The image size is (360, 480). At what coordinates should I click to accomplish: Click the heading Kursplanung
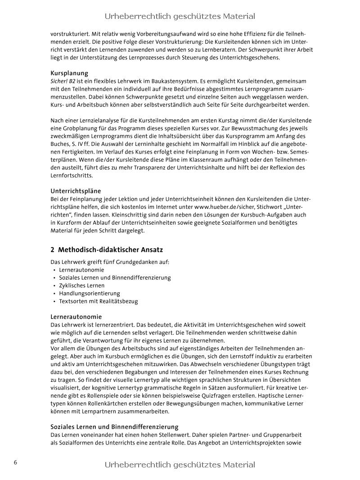tap(69, 73)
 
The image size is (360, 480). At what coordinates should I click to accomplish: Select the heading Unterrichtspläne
tap(76, 191)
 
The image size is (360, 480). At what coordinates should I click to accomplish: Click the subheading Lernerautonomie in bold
tap(76, 317)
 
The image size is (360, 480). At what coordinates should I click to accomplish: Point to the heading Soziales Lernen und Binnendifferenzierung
tap(114, 427)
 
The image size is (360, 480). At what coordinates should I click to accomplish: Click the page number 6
tap(15, 462)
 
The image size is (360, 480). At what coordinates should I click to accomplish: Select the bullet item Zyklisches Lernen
tap(81, 285)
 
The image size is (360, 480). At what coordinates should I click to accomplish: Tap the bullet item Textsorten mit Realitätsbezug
tap(98, 301)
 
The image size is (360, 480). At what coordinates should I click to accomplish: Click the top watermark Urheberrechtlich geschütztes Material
tap(180, 16)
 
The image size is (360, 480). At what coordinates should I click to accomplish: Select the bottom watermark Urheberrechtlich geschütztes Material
tap(180, 465)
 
